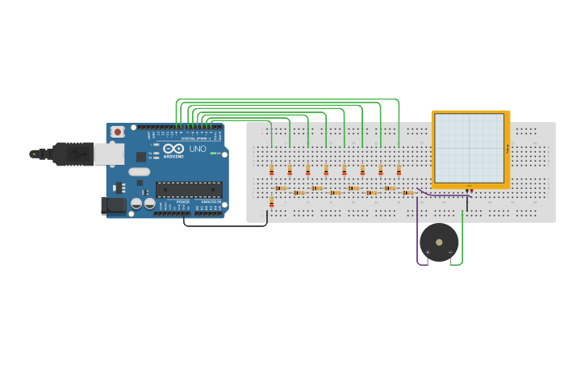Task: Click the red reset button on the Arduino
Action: (118, 131)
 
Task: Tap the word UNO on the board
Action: (198, 149)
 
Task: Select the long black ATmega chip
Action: (189, 190)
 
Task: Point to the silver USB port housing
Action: (108, 154)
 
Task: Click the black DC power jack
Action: (114, 206)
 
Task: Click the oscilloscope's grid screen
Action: (469, 148)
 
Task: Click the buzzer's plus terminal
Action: (428, 252)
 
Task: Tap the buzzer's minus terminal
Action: (450, 252)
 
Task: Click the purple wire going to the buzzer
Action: (418, 234)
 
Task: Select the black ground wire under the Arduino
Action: (226, 225)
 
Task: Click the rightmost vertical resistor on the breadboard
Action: (399, 170)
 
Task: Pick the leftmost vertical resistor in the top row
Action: (271, 170)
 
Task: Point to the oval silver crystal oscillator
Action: (139, 171)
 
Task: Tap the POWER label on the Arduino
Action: (183, 202)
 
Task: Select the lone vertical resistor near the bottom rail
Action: (271, 203)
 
